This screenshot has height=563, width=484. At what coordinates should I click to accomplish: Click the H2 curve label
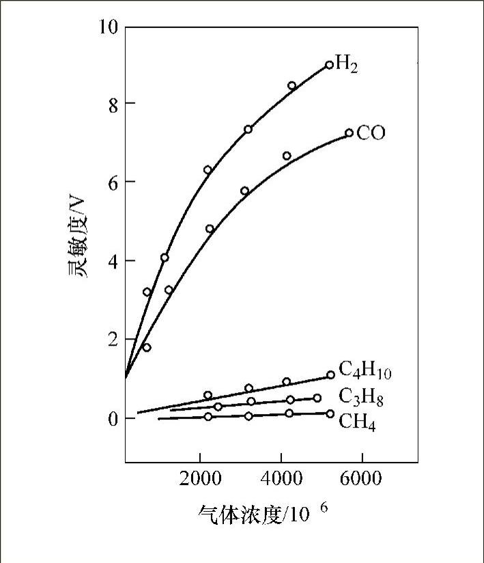[x=347, y=66]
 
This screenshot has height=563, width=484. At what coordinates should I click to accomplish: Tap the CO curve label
[x=371, y=133]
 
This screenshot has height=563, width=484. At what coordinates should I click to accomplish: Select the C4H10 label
[x=365, y=372]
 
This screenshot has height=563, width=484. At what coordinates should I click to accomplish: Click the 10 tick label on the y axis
[x=108, y=27]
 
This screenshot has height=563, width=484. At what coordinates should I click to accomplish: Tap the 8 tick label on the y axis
[x=112, y=104]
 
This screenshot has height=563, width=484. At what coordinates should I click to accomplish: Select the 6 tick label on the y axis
[x=112, y=182]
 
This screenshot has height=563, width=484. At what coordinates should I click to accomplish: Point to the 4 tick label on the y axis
[x=112, y=261]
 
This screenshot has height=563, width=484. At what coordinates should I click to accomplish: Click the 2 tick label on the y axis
[x=112, y=339]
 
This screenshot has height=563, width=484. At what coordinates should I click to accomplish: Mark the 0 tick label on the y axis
[x=112, y=417]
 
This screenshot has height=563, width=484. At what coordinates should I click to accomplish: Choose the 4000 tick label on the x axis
[x=281, y=479]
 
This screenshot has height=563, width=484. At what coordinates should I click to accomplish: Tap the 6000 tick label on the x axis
[x=361, y=479]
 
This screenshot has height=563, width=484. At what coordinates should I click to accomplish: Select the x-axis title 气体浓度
[x=240, y=514]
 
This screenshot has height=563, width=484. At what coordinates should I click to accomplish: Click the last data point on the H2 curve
[x=329, y=65]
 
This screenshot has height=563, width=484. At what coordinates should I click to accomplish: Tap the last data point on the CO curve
[x=349, y=133]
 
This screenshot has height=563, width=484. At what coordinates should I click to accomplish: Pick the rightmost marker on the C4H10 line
[x=330, y=374]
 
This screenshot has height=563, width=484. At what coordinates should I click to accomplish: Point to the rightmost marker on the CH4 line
[x=330, y=413]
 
